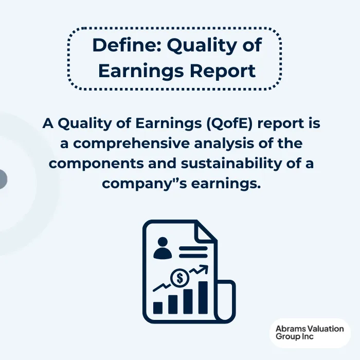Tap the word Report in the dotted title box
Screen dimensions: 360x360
point(229,71)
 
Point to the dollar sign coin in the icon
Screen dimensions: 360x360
point(180,278)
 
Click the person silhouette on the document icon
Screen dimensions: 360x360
point(164,248)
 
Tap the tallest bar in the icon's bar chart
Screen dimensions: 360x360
point(203,298)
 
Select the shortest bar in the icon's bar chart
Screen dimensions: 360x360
point(158,308)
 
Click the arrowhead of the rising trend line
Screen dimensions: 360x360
point(204,268)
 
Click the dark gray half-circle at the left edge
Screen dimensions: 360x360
point(3,178)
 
